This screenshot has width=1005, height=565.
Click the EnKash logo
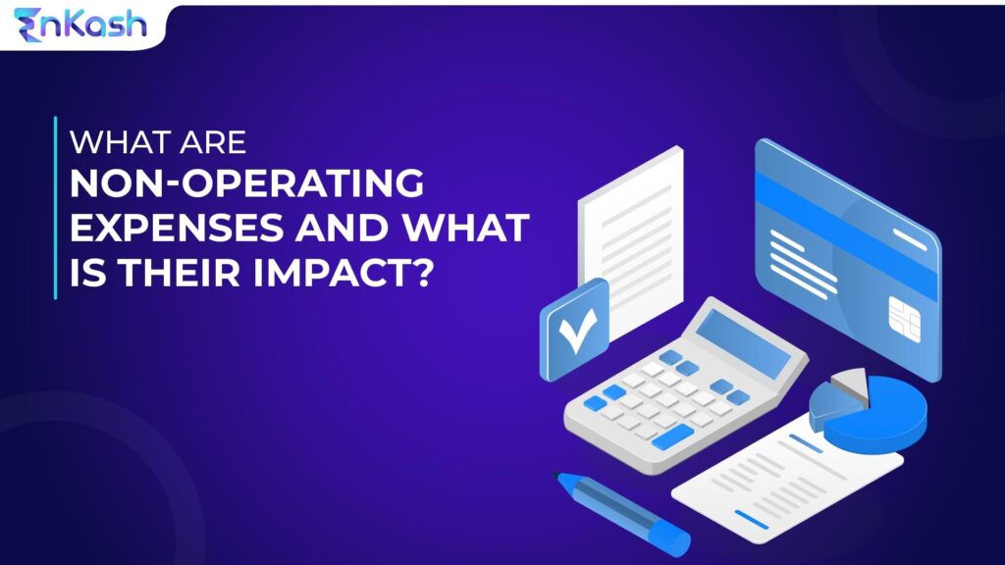pyautogui.click(x=80, y=24)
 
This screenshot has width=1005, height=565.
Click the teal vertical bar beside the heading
pyautogui.click(x=56, y=206)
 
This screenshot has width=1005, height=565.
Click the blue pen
pyautogui.click(x=628, y=511)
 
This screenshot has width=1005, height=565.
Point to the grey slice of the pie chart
pyautogui.click(x=852, y=385)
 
